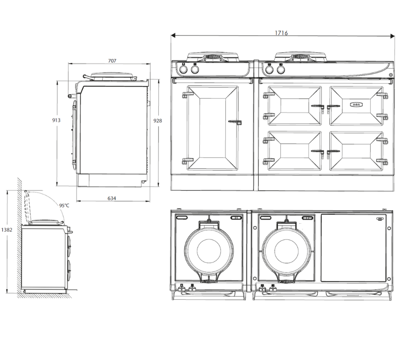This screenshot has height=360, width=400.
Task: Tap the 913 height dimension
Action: tap(56, 120)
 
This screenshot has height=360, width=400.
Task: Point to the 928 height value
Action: tap(157, 120)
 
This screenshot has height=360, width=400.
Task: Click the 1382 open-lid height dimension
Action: tap(7, 229)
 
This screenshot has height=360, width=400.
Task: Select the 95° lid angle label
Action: tap(64, 205)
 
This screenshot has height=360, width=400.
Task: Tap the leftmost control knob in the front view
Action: tap(184, 70)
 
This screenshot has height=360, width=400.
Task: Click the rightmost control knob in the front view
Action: tap(280, 70)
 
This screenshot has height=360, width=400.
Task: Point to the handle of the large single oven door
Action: tap(235, 122)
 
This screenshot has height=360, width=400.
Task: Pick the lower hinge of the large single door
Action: tap(186, 161)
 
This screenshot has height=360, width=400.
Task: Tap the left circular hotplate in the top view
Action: tap(209, 248)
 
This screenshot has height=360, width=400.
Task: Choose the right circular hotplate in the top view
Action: tap(287, 248)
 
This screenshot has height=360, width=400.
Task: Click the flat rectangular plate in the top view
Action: tap(353, 247)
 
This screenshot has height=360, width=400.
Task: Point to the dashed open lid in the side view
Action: tap(28, 207)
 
